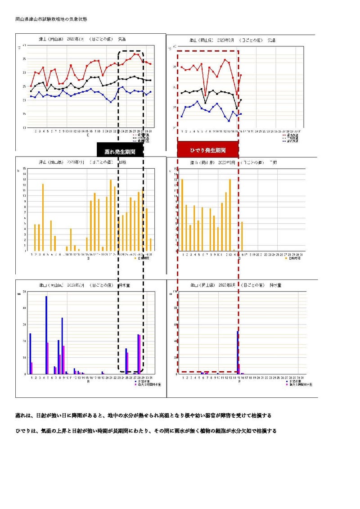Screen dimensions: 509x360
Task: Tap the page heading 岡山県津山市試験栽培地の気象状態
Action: coord(51,19)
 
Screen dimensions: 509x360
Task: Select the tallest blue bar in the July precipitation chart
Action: coord(46,335)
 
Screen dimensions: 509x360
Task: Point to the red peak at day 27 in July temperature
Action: coord(134,54)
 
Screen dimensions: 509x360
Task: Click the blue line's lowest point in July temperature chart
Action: coord(111,102)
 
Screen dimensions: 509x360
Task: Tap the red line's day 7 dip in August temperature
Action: coord(206,96)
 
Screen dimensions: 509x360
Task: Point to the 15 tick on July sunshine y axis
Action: coord(25,169)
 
